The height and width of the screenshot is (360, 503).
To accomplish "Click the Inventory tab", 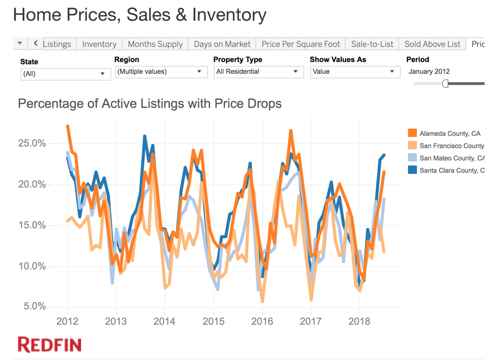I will (x=99, y=44).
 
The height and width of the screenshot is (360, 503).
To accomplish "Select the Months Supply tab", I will (x=155, y=44).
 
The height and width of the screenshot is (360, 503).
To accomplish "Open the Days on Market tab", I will (x=222, y=44).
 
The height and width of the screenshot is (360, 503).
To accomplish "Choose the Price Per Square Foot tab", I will (x=301, y=44).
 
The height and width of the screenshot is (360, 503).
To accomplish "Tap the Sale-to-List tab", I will (x=372, y=44).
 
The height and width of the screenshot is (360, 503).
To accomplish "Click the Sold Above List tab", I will (x=432, y=44).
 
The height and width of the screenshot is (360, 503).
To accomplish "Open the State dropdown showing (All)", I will (x=65, y=73).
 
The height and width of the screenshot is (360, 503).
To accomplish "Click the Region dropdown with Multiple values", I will (x=161, y=72).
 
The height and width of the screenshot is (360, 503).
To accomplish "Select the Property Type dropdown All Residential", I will (x=259, y=72).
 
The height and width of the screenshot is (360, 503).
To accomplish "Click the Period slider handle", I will (x=445, y=83).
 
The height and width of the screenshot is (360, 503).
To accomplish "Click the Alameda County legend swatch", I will (x=412, y=134).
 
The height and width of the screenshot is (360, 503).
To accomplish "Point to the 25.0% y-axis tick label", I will (x=32, y=143).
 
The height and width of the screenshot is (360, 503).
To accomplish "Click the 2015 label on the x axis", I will (x=213, y=321).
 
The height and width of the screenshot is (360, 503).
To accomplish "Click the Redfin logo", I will (x=50, y=344).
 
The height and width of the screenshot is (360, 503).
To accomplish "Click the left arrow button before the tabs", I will (x=35, y=44).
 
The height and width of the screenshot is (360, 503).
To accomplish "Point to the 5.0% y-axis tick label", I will (x=35, y=306).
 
